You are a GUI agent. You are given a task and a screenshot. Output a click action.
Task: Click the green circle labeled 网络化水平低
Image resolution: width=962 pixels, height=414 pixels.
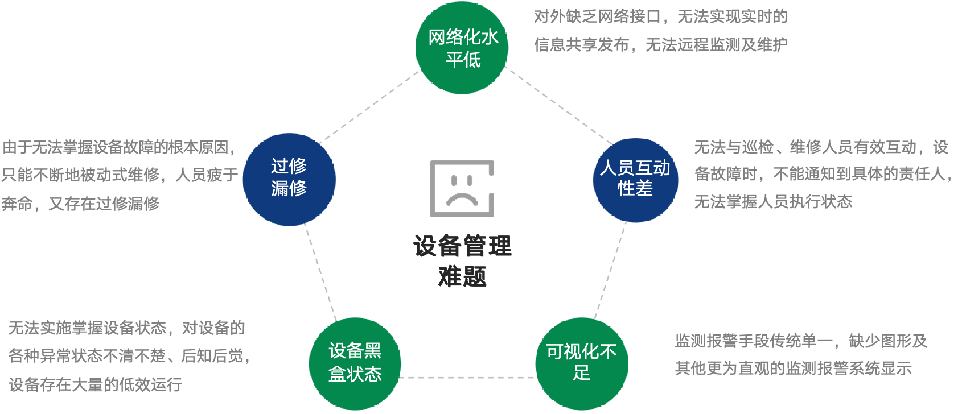coord(462,48)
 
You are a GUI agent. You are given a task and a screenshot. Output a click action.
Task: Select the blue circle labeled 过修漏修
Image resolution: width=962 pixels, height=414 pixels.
coord(289,179)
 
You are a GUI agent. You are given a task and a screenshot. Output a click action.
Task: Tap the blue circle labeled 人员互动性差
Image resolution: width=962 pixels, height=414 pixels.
coord(635,179)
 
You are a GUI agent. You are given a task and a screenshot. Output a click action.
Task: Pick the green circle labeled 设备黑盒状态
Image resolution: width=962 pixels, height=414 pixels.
coord(355,363)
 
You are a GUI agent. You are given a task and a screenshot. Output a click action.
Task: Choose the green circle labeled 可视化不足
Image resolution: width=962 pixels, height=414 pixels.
coord(581,363)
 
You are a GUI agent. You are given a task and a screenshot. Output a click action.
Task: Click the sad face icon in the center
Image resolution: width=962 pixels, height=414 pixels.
coord(462,189)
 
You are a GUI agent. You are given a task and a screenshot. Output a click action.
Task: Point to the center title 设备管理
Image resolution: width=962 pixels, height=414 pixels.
coord(462,247)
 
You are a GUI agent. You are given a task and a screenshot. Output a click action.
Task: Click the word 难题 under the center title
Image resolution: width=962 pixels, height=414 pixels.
coord(462,277)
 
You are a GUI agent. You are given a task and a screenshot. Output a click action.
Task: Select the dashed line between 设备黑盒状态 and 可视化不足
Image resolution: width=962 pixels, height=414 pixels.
coord(468,377)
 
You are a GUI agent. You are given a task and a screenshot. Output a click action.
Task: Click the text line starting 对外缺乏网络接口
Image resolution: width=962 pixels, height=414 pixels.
coord(660,17)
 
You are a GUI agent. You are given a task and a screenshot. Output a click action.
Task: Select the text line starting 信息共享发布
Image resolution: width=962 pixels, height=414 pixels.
coord(660,44)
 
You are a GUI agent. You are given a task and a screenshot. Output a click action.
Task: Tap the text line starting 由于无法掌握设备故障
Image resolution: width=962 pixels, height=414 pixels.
coord(118,148)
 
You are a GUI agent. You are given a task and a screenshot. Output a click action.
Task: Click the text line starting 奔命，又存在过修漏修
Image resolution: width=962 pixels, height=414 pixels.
coord(80,204)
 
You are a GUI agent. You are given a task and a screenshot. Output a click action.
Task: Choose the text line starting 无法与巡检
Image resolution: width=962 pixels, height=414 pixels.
coord(821,148)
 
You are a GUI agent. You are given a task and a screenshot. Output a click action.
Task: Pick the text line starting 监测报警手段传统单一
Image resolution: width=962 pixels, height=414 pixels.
coord(801,341)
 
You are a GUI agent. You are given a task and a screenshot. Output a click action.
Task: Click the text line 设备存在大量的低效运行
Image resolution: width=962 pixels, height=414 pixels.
coord(96,384)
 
